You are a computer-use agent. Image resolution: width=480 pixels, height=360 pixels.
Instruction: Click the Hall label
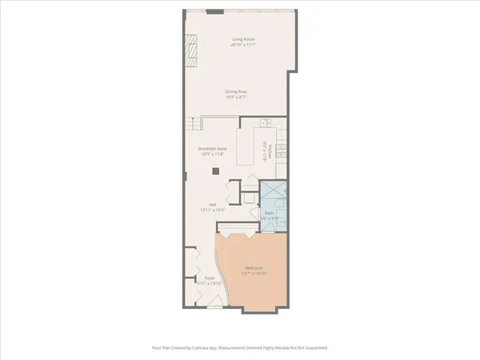pos(214,205)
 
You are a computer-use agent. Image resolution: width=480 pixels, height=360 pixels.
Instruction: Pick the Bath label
pos(270,213)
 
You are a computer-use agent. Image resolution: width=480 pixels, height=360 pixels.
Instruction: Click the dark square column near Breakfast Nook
pos(214,170)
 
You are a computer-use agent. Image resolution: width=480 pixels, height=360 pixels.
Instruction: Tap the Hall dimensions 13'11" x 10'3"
pos(214,210)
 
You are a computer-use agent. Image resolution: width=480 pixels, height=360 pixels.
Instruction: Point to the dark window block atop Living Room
pos(214,12)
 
